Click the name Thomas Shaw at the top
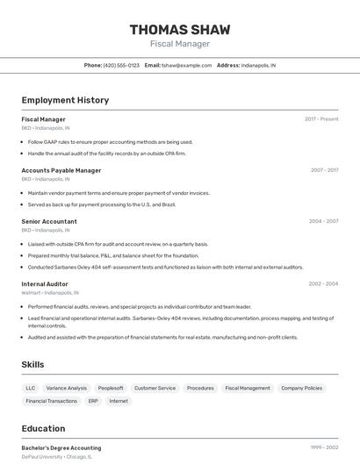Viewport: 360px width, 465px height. pos(180,29)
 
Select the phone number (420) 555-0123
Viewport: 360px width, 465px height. pos(121,65)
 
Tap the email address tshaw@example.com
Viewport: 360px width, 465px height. pos(188,65)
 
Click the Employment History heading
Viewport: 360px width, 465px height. pos(65,100)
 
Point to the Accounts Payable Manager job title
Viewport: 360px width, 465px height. pos(61,170)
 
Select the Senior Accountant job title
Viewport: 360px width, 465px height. pos(49,221)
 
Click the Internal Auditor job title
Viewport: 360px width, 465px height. pos(45,283)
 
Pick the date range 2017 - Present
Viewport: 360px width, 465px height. pos(321,118)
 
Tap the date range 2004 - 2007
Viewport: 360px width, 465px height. pos(323,221)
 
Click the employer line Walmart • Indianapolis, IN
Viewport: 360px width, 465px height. pos(50,292)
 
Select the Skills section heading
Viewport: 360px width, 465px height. pos(33,364)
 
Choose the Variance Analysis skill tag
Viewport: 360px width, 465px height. pos(67,388)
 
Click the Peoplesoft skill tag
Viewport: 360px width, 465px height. pos(111,388)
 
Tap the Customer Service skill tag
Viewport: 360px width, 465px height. pos(155,388)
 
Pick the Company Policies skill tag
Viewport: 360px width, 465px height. pos(301,388)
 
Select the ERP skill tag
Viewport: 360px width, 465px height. pos(93,401)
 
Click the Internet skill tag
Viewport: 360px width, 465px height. pos(119,401)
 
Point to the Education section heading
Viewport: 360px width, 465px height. pos(43,429)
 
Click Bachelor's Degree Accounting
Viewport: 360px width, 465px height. pos(61,447)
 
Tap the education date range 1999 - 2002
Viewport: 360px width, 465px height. pos(324,447)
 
